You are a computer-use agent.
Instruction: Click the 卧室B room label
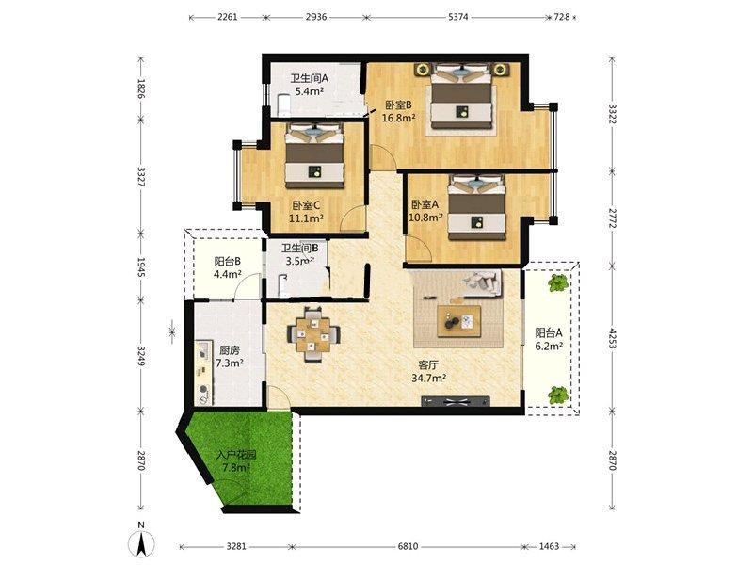[398, 105]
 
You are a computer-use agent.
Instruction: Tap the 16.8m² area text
[398, 118]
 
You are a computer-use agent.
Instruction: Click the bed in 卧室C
[315, 155]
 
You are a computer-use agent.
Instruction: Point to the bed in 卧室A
[477, 207]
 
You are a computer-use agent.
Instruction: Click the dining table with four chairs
[313, 333]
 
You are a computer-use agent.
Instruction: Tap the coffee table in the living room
[459, 321]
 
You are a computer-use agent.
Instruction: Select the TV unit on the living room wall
[456, 402]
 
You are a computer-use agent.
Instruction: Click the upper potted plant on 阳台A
[558, 283]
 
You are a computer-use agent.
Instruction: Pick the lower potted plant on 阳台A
[558, 395]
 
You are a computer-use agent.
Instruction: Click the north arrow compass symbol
[141, 543]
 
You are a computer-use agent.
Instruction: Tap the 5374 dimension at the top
[457, 17]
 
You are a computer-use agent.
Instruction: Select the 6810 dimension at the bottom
[408, 546]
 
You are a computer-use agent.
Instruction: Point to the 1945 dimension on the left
[140, 267]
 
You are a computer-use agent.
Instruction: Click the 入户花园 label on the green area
[236, 455]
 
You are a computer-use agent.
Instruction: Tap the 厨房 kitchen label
[229, 350]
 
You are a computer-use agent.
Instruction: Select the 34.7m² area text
[429, 379]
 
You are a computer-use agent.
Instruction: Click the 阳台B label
[227, 262]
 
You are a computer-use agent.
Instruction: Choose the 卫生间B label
[300, 249]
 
